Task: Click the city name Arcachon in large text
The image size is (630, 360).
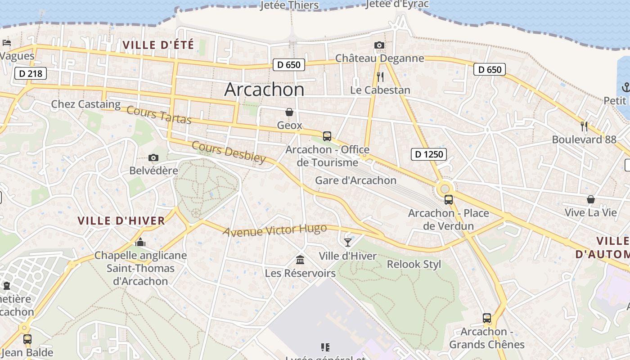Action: pos(264,90)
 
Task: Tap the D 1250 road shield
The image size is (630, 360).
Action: pos(428,154)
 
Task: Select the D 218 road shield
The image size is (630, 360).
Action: pos(31,73)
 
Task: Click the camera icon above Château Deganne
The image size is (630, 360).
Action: pos(379,45)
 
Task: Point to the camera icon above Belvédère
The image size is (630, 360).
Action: pos(153,157)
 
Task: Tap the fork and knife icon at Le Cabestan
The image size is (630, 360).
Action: pos(380,77)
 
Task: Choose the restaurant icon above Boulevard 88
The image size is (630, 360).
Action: pos(584,126)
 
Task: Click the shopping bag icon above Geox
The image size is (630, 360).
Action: pos(289,112)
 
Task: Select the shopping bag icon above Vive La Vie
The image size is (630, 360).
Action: pos(590,199)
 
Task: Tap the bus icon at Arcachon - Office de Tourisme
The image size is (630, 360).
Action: pos(327,136)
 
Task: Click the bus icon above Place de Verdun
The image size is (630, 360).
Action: pos(448,200)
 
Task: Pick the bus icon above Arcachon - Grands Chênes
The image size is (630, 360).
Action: pos(486,318)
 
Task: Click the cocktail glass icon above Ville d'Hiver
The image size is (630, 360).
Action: pos(347,243)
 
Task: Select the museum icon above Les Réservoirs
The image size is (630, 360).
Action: pos(300,260)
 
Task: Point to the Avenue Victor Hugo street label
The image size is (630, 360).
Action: pos(274,230)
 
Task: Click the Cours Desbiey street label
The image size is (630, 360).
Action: pos(229,152)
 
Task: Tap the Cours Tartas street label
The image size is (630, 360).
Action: pos(159,115)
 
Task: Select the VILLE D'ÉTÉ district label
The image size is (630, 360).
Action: pos(158,45)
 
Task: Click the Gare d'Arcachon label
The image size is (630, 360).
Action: pos(355,180)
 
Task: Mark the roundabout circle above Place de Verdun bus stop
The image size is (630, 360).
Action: pos(445,188)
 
